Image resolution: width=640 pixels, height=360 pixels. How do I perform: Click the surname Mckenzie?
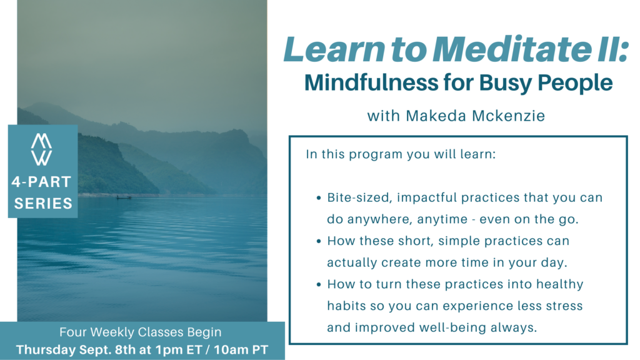pyautogui.click(x=509, y=116)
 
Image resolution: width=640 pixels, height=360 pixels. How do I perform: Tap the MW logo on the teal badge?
pyautogui.click(x=42, y=149)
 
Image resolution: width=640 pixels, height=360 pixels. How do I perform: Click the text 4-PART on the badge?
pyautogui.click(x=41, y=182)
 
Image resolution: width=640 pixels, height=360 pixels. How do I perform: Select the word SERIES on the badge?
pyautogui.click(x=43, y=203)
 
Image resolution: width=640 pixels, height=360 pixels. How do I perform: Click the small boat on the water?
pyautogui.click(x=124, y=197)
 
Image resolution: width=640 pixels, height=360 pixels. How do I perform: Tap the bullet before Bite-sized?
pyautogui.click(x=319, y=198)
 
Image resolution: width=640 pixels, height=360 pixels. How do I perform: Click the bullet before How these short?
pyautogui.click(x=319, y=241)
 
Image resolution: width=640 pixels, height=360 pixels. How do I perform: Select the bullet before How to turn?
pyautogui.click(x=319, y=284)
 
